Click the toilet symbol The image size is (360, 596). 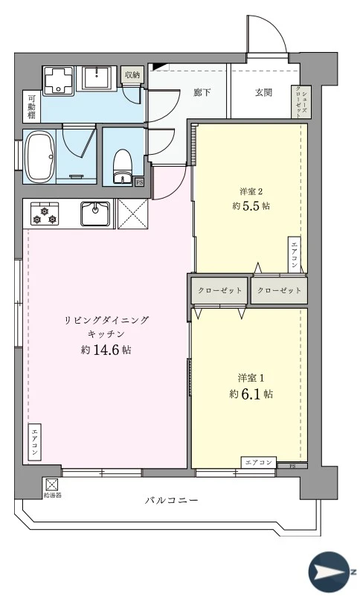click(121, 164)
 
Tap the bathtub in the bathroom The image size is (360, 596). click(39, 156)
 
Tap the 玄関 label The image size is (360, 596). click(263, 93)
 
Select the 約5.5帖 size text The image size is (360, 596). click(250, 206)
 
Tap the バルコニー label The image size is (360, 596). click(172, 500)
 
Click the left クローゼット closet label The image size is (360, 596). click(219, 290)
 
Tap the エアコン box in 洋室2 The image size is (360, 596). click(295, 256)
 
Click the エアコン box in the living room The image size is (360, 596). click(36, 443)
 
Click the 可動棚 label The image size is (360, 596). click(32, 106)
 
